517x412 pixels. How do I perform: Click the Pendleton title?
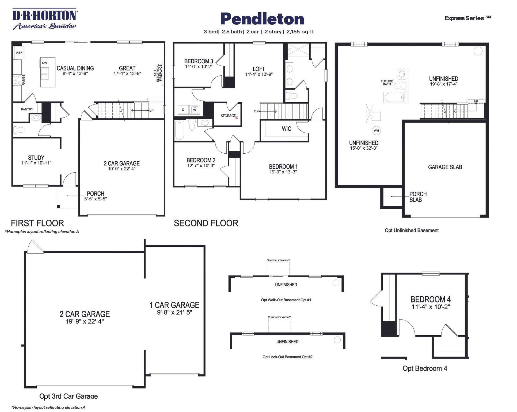[262, 19]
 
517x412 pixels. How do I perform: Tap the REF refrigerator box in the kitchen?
[19, 53]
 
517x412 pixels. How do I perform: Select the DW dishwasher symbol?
[44, 63]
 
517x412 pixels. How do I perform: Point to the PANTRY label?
[27, 109]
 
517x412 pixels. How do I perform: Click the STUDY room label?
[36, 158]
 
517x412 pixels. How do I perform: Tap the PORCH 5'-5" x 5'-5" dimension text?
[96, 199]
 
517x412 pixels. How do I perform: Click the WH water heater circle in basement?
[376, 131]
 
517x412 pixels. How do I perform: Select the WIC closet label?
[286, 129]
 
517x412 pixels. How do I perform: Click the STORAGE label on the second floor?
[228, 116]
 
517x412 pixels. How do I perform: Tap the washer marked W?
[195, 110]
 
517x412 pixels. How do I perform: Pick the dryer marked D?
[183, 110]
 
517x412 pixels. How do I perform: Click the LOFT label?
[259, 69]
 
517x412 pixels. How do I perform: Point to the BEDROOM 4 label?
[431, 299]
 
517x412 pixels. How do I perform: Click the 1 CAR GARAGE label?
[174, 305]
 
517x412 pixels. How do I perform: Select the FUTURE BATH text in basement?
[387, 83]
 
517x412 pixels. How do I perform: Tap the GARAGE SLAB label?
[445, 167]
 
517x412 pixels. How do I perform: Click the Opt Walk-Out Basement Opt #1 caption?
[286, 300]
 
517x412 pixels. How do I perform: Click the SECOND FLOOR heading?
[206, 223]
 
